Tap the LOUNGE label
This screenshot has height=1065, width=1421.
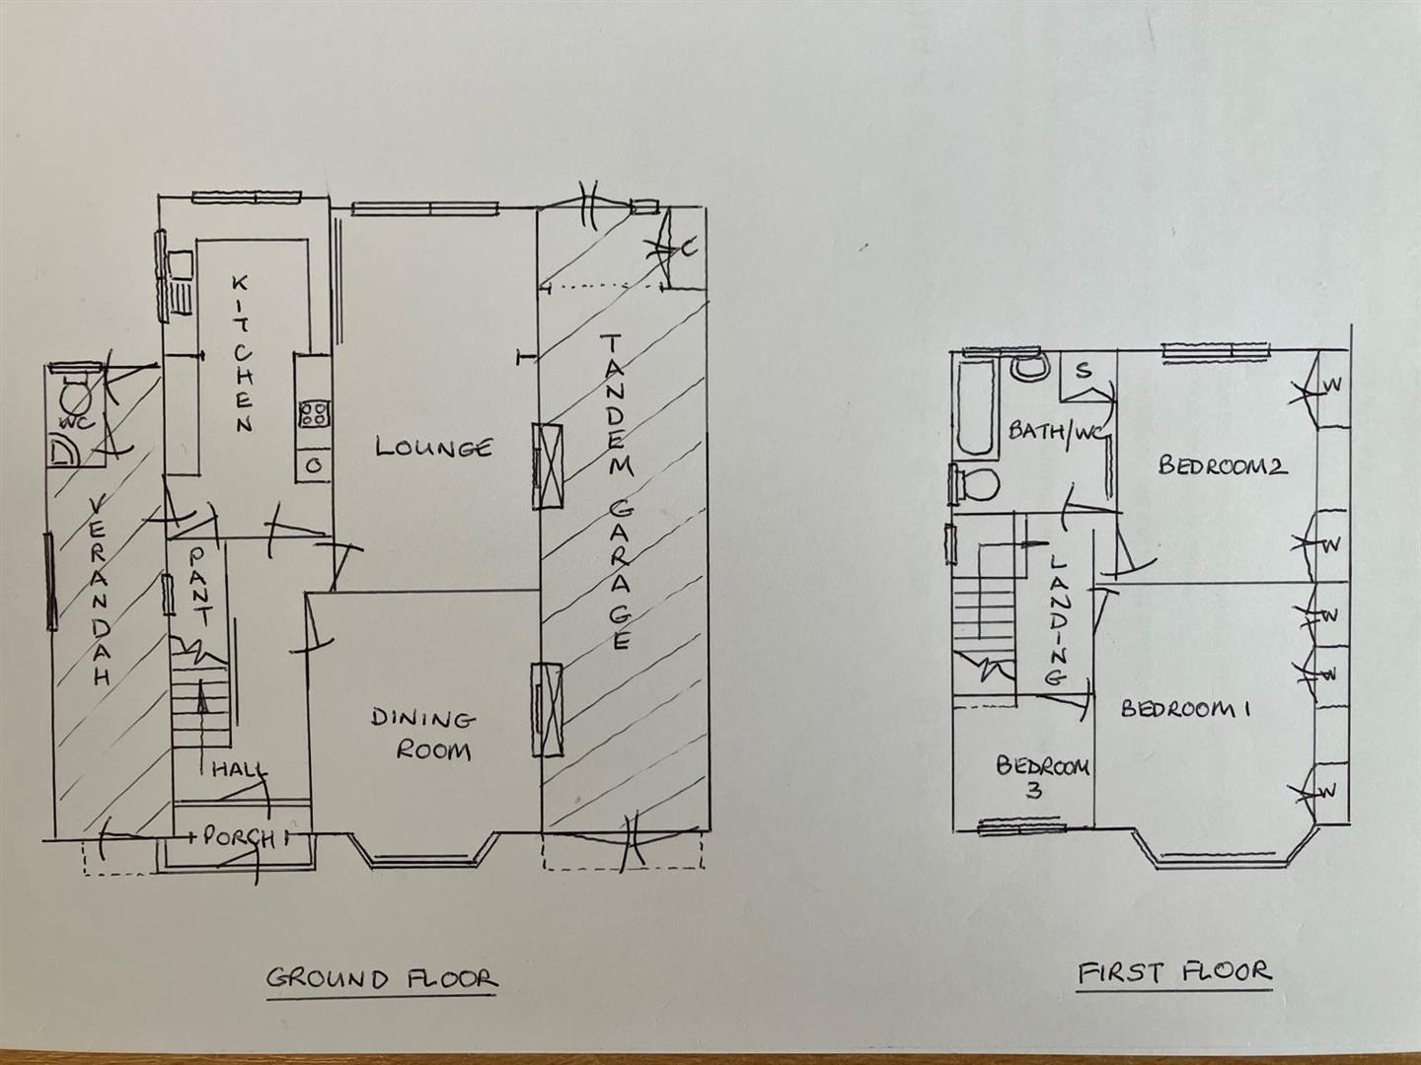point(433,448)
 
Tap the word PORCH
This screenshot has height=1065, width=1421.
point(238,837)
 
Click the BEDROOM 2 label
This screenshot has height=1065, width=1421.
point(1223,465)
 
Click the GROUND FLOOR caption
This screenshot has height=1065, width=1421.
point(382,978)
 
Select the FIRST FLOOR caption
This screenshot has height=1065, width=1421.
point(1173,972)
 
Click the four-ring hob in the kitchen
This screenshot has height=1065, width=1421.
point(314,413)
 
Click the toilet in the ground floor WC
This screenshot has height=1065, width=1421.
point(75,399)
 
